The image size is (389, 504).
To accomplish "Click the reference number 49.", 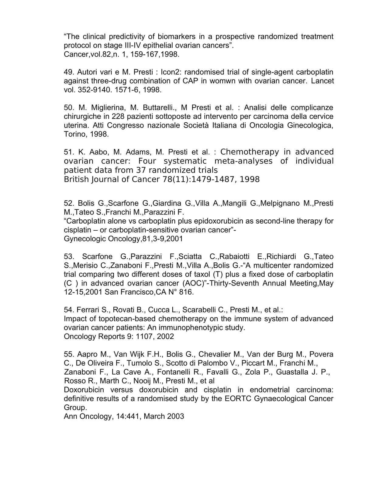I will [x=68, y=72].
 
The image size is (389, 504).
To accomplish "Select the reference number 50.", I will [x=68, y=108].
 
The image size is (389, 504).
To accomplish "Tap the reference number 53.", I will [x=68, y=257].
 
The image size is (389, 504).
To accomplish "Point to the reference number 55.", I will [x=68, y=354].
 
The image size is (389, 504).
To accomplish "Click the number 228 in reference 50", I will [x=118, y=117].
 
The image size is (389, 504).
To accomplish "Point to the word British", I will [x=76, y=180].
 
